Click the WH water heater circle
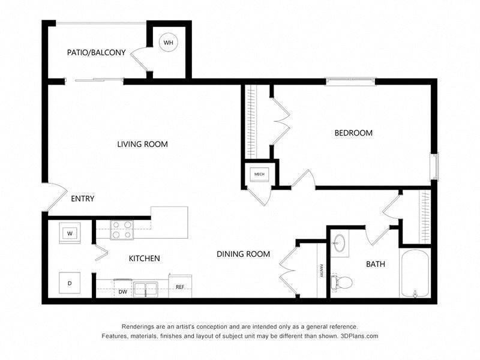(x=169, y=43)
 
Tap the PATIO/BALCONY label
(x=96, y=53)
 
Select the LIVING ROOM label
(x=142, y=144)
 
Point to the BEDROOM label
(x=353, y=133)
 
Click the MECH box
(x=259, y=175)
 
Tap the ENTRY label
(x=82, y=199)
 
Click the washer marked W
(x=70, y=233)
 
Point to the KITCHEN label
(x=144, y=259)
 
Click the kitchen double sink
(x=146, y=289)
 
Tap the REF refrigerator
(x=180, y=287)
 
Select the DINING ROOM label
(x=243, y=254)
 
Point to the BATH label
(x=376, y=264)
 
